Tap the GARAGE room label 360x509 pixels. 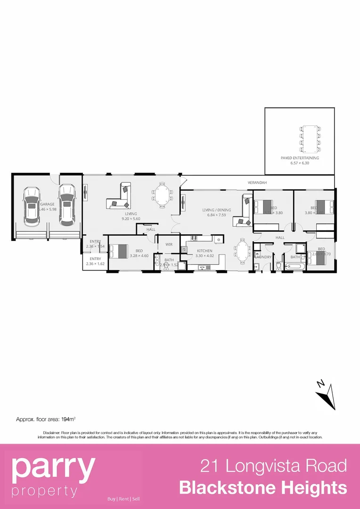point(47,204)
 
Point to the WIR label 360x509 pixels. point(168,244)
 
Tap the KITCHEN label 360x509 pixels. point(205,251)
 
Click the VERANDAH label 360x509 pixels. point(257,182)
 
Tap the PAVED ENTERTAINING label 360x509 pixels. point(300,158)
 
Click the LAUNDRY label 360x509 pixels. point(263,257)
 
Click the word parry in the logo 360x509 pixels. point(53,467)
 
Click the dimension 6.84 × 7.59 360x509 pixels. point(217,215)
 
